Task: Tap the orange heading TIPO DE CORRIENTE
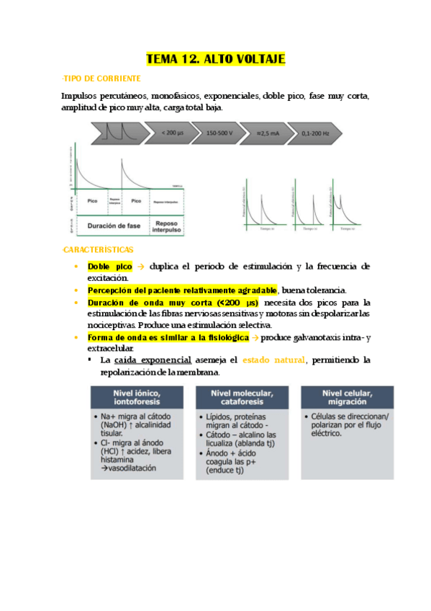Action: [x=101, y=78]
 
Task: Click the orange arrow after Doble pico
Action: [x=141, y=266]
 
